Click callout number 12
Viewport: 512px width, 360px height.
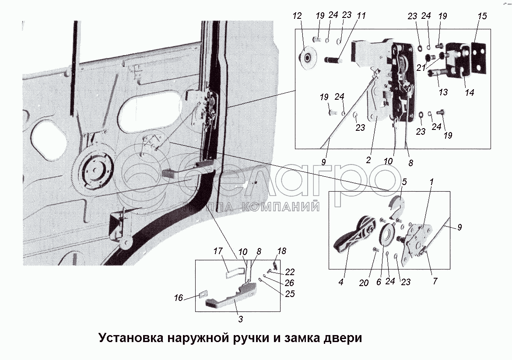[298, 16]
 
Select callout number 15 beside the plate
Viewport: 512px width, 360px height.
[482, 16]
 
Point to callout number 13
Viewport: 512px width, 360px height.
[443, 92]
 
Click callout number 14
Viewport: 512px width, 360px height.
[470, 93]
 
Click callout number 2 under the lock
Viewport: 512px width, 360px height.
[368, 160]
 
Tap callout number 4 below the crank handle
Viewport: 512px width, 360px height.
[341, 283]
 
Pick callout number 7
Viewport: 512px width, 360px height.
[435, 281]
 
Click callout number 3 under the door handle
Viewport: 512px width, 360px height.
[240, 319]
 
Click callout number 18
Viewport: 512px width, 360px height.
[281, 251]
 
